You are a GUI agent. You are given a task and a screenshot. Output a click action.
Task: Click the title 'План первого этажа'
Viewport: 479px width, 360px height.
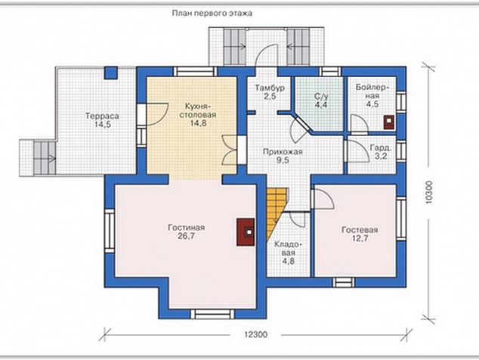[x=212, y=14]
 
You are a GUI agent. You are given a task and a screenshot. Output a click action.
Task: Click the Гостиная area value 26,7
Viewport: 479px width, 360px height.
[x=186, y=236]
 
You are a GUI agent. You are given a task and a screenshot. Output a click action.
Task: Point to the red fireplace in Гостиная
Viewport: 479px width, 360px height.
[x=246, y=232]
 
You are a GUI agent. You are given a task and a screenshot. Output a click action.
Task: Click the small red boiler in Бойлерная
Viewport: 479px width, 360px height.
[x=389, y=122]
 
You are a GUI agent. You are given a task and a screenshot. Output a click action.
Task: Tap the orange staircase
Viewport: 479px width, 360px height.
[x=276, y=210]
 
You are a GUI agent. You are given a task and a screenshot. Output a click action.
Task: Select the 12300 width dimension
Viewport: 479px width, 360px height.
[x=255, y=334]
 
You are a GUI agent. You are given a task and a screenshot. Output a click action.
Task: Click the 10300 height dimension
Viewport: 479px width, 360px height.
[x=428, y=193]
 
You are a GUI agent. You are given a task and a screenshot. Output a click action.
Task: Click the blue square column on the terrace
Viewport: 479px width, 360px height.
[x=110, y=73]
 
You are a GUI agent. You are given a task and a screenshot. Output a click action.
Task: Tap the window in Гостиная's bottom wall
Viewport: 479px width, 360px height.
[x=212, y=315]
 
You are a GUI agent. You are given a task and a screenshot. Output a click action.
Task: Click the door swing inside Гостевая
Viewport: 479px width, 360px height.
[x=323, y=198]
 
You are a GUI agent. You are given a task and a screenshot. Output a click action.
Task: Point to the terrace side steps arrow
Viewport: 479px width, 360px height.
[x=51, y=158]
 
